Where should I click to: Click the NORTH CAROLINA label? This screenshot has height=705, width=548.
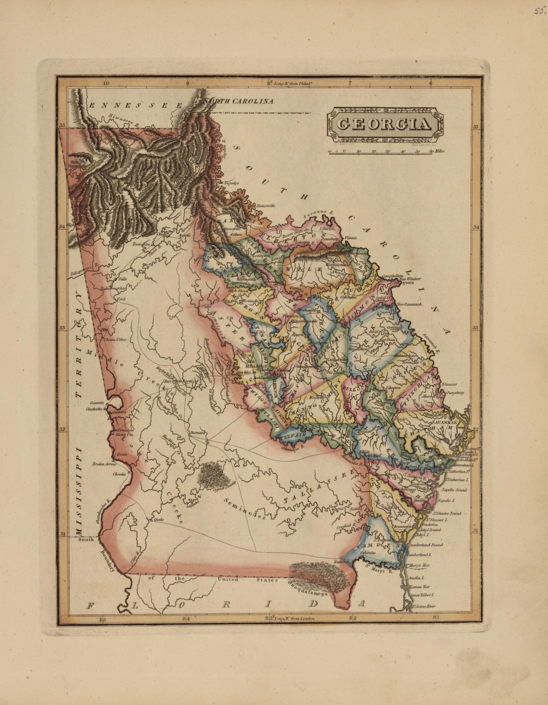pos(241,101)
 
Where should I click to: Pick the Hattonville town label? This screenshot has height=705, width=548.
pos(265,205)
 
